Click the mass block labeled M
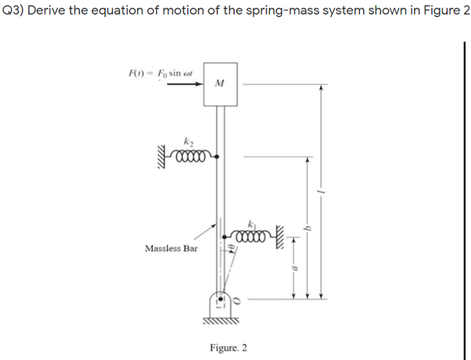coord(220,83)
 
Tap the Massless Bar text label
coord(171,248)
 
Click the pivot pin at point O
coord(220,298)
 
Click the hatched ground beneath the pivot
coord(221,321)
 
